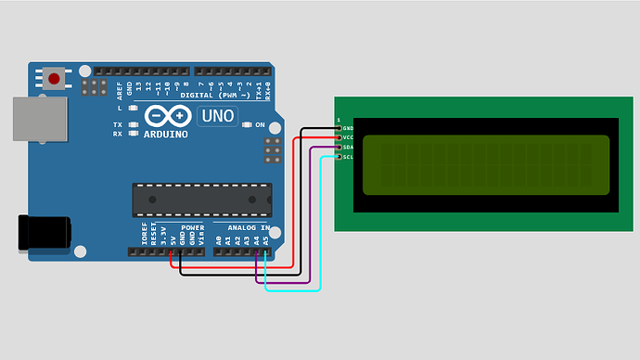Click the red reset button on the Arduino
pyautogui.click(x=55, y=79)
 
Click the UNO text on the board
pyautogui.click(x=218, y=117)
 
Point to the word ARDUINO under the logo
pyautogui.click(x=166, y=134)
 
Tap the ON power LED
pyautogui.click(x=248, y=125)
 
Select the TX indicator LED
pyautogui.click(x=134, y=124)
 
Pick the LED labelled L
pyautogui.click(x=134, y=109)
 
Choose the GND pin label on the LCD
pyautogui.click(x=348, y=128)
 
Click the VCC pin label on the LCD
pyautogui.click(x=348, y=137)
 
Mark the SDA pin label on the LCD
pyautogui.click(x=348, y=148)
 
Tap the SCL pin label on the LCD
pyautogui.click(x=348, y=157)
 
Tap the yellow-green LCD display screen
pyautogui.click(x=486, y=165)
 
